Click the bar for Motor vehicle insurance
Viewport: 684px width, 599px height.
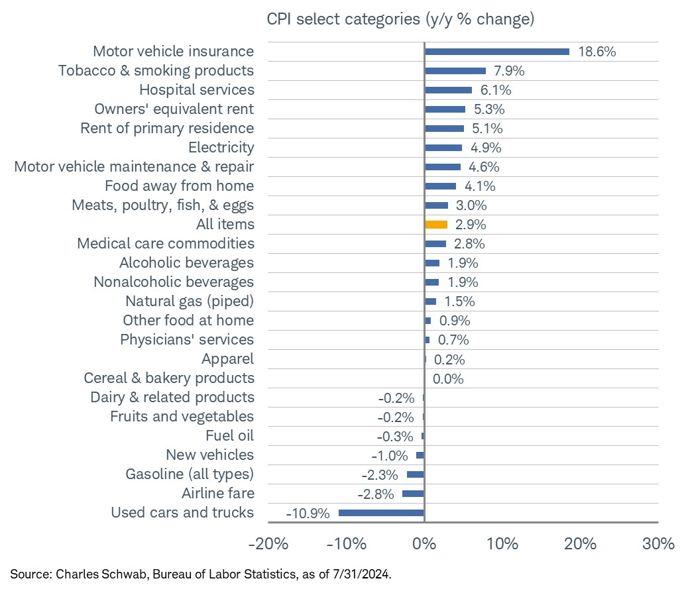[x=496, y=52]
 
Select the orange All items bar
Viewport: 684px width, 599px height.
[x=436, y=225]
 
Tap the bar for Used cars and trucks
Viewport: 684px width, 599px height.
[x=381, y=513]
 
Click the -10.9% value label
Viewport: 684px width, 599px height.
[x=308, y=514]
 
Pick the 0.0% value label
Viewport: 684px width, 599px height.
[x=448, y=379]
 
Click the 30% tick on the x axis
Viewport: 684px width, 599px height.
[x=658, y=545]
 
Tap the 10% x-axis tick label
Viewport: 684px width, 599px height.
[x=502, y=545]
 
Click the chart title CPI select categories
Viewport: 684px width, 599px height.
[x=400, y=19]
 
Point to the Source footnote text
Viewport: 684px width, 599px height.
[x=201, y=574]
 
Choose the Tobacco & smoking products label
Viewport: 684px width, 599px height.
[x=156, y=70]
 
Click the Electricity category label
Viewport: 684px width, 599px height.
[x=221, y=147]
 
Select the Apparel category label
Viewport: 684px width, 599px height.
[x=227, y=359]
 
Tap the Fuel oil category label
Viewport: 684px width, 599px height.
[x=229, y=436]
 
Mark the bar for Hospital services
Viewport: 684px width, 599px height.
[x=448, y=90]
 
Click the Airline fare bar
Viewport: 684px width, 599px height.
[x=413, y=494]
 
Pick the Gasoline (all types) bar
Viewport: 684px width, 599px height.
[x=415, y=474]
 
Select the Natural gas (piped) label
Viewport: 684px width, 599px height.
[x=190, y=301]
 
